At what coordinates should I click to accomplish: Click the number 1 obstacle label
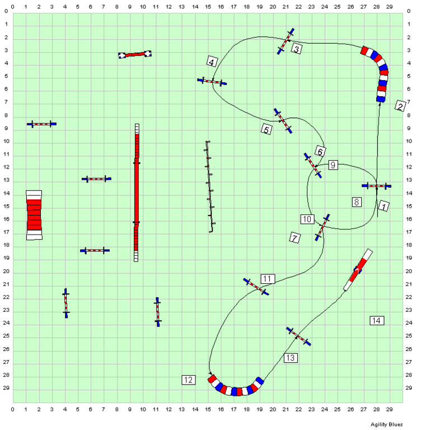click(x=384, y=206)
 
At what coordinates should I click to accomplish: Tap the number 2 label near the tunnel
click(x=400, y=106)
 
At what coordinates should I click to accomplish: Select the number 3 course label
click(x=296, y=49)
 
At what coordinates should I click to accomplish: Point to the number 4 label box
click(x=212, y=62)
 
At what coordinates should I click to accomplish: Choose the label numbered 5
click(x=267, y=129)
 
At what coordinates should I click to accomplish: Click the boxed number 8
click(x=357, y=202)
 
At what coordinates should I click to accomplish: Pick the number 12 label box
click(x=189, y=380)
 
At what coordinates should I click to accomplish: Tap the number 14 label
click(x=377, y=321)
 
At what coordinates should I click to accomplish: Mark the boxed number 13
click(x=291, y=358)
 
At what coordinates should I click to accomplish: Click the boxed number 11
click(x=268, y=279)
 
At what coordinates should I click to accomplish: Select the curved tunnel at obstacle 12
click(x=235, y=390)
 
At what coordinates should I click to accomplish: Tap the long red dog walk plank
click(x=136, y=193)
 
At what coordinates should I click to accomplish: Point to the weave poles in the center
click(x=209, y=186)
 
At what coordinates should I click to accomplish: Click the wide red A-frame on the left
click(x=34, y=215)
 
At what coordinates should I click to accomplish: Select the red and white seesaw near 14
click(x=358, y=269)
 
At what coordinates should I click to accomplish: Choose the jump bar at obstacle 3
click(x=286, y=41)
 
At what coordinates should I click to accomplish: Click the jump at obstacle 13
click(x=298, y=336)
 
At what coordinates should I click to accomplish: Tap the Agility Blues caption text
click(x=387, y=424)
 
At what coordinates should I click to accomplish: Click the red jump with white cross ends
click(x=134, y=54)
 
